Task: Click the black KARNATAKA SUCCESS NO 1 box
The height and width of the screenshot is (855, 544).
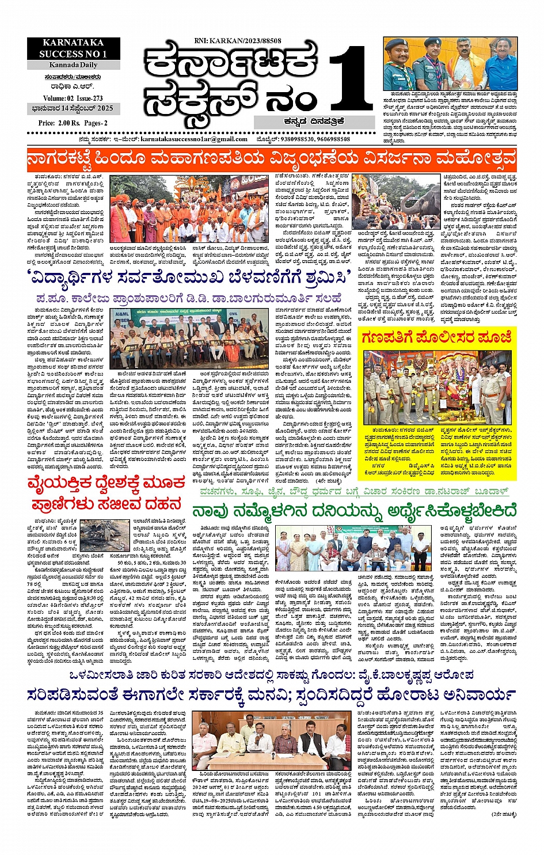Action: tap(73, 48)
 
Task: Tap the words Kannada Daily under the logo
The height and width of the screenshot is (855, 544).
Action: tap(73, 65)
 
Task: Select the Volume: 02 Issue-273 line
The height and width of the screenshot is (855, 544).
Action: tap(73, 98)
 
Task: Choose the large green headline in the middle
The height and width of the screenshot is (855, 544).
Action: tap(354, 511)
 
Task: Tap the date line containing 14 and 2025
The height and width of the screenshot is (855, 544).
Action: tap(73, 108)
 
